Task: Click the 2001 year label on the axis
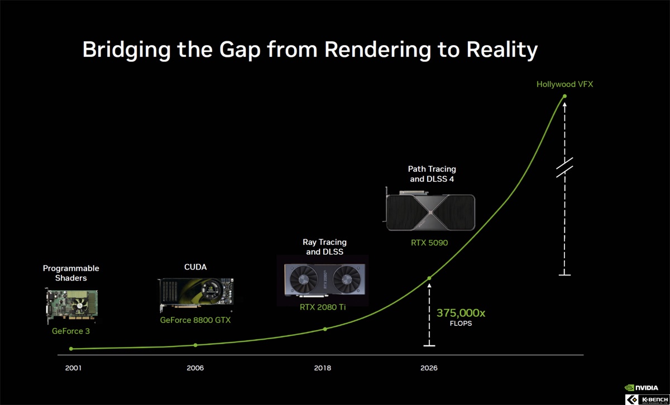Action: tap(73, 368)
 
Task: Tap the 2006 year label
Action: tap(195, 368)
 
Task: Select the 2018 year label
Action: tap(323, 368)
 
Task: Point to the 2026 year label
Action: tap(429, 368)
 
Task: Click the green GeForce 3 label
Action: tap(71, 331)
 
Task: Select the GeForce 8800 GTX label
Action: tap(195, 320)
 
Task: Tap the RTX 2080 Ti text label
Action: tap(323, 307)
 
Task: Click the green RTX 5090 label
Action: tap(429, 243)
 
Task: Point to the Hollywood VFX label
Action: tap(564, 84)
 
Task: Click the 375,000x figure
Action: tap(461, 313)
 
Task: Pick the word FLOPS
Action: tap(461, 324)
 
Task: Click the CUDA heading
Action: tap(195, 267)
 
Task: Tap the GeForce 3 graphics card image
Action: tap(72, 306)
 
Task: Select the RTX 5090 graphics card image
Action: tap(429, 210)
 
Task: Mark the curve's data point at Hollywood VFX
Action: tap(564, 97)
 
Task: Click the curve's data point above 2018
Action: tap(325, 329)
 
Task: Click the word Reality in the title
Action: tap(502, 50)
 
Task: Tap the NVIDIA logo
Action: tap(642, 388)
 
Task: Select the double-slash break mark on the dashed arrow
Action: tap(564, 167)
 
